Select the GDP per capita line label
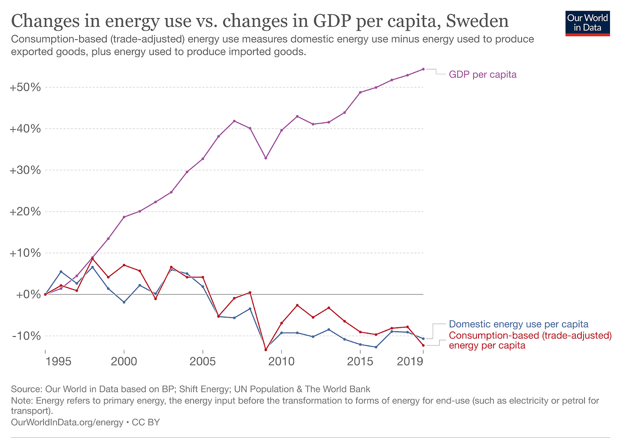coord(482,75)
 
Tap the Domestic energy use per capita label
coord(519,324)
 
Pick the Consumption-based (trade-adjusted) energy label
coord(530,340)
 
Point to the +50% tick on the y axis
coord(25,87)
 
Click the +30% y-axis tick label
coord(25,170)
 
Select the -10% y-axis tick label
coord(26,336)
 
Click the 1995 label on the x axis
coord(58,362)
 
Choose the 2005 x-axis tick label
coord(203,362)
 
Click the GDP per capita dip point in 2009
coord(266,158)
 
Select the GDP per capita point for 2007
coord(234,121)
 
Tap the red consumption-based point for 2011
coord(297,305)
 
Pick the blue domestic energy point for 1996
coord(61,271)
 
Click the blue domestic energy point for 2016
coord(376,347)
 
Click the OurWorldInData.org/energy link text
coord(67,422)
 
